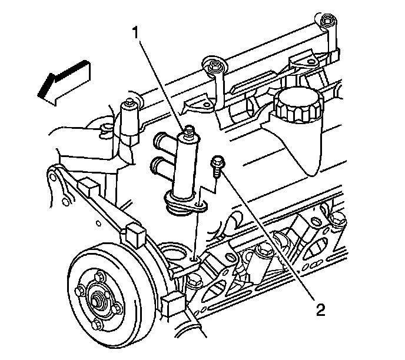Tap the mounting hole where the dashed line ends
pyautogui.click(x=194, y=256)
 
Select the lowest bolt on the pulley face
pyautogui.click(x=100, y=327)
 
